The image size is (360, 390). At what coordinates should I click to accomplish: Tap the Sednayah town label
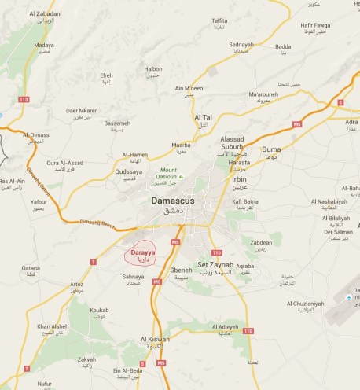(x=241, y=46)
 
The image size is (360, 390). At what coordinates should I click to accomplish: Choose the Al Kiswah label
(x=156, y=339)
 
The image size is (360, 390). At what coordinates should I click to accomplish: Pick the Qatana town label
(x=31, y=268)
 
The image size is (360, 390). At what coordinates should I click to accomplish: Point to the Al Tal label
(x=204, y=118)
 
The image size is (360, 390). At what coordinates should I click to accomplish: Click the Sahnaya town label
(x=133, y=277)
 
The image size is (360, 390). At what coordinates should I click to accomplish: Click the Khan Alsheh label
(x=53, y=326)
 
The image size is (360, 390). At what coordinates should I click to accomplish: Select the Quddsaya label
(x=130, y=171)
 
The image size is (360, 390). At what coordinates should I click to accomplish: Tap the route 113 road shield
(x=23, y=99)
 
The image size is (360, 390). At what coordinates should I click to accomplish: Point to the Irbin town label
(x=240, y=179)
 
